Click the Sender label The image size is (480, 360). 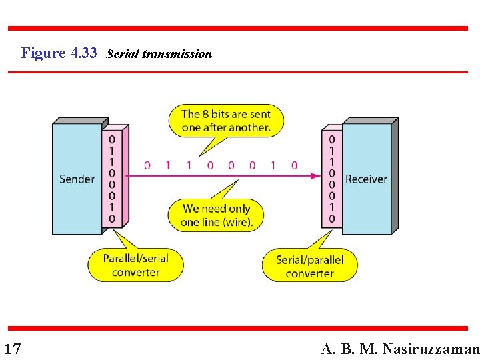click(77, 179)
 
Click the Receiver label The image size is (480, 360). click(366, 179)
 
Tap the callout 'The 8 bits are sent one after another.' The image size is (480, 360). click(226, 121)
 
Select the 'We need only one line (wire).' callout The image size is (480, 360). click(217, 215)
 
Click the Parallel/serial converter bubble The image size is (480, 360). click(135, 265)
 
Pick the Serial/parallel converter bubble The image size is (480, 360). click(309, 267)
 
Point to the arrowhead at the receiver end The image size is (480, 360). click(315, 176)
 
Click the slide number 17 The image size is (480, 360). click(13, 349)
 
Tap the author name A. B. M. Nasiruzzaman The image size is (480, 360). click(399, 349)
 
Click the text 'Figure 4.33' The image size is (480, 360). click(59, 53)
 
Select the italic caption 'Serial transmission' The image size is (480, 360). click(159, 54)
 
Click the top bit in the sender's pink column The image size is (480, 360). click(112, 139)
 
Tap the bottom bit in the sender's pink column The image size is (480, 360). click(112, 219)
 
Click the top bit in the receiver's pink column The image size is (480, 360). click(332, 139)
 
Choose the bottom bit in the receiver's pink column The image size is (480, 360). click(332, 219)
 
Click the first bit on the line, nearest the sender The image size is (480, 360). click(147, 165)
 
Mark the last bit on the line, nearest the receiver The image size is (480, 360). click(294, 165)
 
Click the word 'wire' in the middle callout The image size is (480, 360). click(238, 222)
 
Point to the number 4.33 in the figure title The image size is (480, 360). click(83, 53)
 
